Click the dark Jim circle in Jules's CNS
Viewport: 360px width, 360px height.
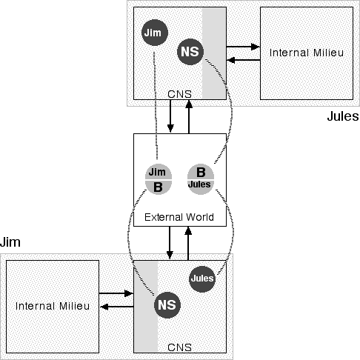point(155,33)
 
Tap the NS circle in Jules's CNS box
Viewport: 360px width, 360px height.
point(190,52)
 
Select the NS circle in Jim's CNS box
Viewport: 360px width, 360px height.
point(167,305)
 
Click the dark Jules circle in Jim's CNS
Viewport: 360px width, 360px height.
point(202,279)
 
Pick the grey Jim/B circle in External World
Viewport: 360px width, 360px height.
point(159,179)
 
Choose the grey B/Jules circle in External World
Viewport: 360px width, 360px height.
point(201,179)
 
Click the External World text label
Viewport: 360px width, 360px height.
point(179,217)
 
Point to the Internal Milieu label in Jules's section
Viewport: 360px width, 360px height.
point(307,53)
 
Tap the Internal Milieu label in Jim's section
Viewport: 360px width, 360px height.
point(53,306)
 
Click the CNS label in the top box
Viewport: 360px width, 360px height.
point(179,94)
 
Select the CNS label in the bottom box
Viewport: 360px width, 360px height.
point(179,347)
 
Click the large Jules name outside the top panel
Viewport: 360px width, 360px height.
point(343,116)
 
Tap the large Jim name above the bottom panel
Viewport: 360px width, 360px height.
point(10,242)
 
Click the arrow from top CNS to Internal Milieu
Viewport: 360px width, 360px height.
point(243,47)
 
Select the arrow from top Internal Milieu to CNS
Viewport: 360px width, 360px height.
point(243,60)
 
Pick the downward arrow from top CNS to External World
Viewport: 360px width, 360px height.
point(170,116)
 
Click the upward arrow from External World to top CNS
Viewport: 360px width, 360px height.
point(189,117)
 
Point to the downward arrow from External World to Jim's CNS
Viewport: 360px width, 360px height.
point(170,243)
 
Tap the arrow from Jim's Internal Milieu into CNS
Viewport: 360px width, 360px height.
point(116,293)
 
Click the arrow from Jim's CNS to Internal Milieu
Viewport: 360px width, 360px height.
point(117,307)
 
